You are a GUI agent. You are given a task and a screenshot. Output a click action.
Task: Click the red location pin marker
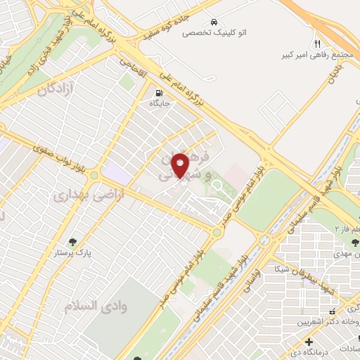pos(181,164)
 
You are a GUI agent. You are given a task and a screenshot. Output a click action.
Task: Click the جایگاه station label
pos(159,103)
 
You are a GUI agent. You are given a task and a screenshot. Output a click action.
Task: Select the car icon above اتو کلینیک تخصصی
pos(213,21)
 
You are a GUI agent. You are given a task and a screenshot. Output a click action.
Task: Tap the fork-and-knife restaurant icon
pos(318,44)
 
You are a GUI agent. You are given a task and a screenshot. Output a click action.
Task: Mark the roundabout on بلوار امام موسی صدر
pos(217,232)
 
